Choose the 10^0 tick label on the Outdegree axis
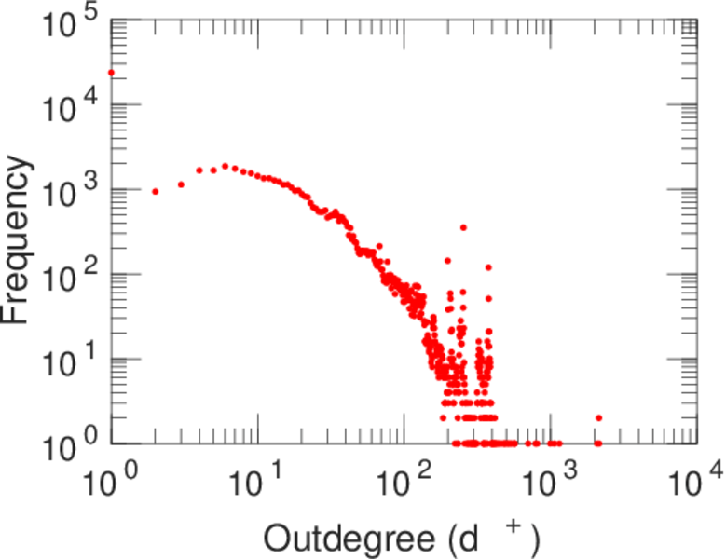pos(109,484)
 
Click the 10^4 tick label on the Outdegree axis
pos(695,484)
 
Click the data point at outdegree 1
pos(111,72)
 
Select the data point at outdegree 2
pos(156,192)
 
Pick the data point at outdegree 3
pos(181,184)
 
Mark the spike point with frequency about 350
pos(463,227)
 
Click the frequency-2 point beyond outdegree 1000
pos(598,418)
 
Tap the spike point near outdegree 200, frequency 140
pos(447,261)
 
